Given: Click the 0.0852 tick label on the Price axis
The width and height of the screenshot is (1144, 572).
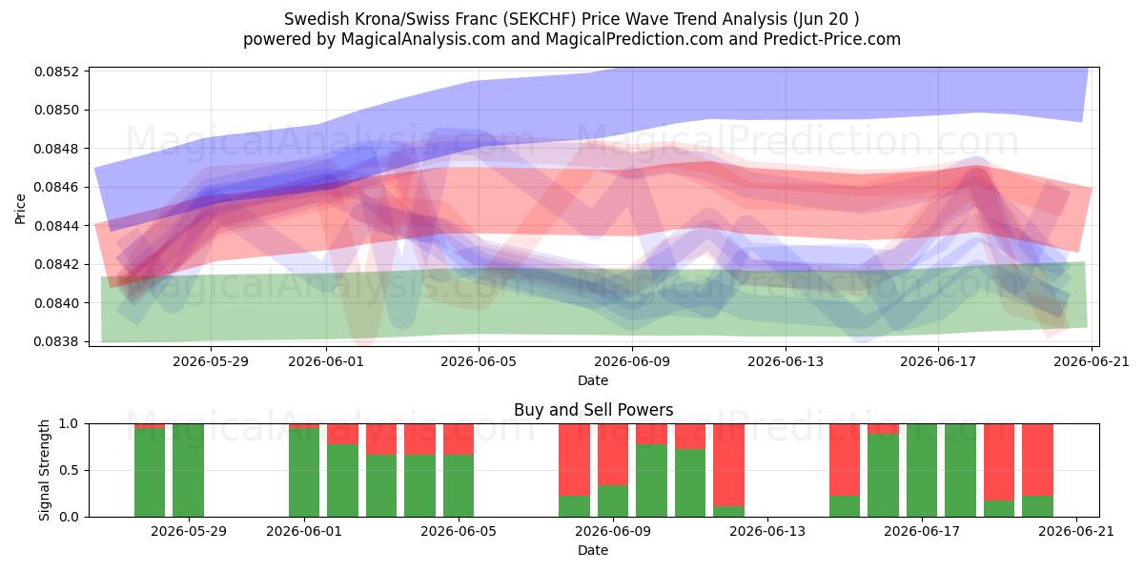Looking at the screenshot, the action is coord(57,71).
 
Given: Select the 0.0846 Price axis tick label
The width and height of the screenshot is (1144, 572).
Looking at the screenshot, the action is coord(57,188).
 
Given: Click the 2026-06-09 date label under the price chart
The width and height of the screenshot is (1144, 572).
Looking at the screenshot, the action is coord(632,361).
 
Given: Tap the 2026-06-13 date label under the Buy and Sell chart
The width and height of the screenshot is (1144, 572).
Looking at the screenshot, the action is coord(767,531).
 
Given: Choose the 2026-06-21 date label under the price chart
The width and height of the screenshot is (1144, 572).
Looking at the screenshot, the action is coord(1092,361).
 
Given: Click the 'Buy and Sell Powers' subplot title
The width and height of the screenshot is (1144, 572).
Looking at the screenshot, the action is coord(593,410).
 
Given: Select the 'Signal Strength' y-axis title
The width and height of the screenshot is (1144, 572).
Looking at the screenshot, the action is coord(44,470).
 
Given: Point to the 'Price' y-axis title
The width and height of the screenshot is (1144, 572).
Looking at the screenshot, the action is coord(20,209).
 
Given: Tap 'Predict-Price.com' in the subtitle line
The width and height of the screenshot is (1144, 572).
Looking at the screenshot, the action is coord(832,39).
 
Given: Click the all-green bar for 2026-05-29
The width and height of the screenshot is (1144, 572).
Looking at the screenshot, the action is coord(189,470).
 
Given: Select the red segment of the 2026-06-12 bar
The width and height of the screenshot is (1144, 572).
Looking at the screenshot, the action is coord(728,465).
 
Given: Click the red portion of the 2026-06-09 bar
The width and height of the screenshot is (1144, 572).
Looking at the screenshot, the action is coord(613,455).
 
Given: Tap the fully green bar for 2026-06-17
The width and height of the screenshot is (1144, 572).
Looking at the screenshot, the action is coord(922,470).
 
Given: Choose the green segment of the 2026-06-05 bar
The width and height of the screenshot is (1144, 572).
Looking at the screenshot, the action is coord(459,485).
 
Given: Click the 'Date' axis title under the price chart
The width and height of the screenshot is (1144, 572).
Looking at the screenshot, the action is coord(593,380).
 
